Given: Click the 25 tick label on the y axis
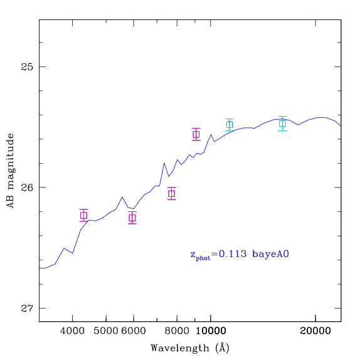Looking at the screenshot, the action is click(x=27, y=67).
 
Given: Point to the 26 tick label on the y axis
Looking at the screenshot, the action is click(x=27, y=188).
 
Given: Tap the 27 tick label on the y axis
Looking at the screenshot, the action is click(x=27, y=309).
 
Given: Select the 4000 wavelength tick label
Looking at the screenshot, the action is click(x=72, y=331).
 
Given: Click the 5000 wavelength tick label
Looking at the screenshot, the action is click(x=106, y=331).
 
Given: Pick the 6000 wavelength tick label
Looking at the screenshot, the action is click(x=134, y=331).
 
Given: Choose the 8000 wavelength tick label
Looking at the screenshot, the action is click(x=177, y=331).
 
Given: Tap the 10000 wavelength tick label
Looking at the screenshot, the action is click(x=211, y=331).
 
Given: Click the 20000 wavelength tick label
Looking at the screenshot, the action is click(x=315, y=331).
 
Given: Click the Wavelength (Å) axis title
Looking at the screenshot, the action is click(x=190, y=348).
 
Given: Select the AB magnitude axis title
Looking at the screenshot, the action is click(x=11, y=171).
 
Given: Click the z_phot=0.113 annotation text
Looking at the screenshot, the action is click(x=218, y=255).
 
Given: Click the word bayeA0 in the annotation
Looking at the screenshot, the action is click(x=270, y=255).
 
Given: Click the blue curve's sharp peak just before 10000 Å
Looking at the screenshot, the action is click(x=211, y=135).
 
